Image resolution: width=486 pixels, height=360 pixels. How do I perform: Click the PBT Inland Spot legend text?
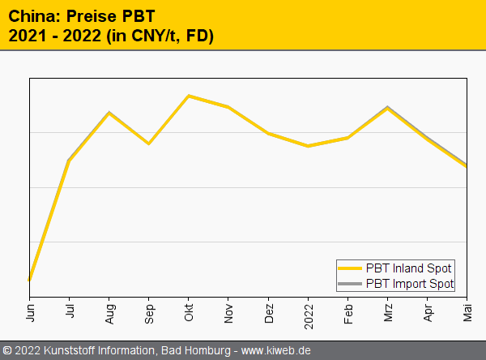(408, 268)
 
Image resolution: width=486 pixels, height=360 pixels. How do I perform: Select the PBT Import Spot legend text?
(410, 284)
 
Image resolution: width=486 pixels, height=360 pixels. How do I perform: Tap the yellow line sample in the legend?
(350, 268)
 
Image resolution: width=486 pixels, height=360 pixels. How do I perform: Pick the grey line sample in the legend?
(350, 284)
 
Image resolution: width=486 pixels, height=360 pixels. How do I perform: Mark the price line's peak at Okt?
(189, 96)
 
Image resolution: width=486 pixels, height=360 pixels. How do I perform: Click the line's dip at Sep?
(148, 144)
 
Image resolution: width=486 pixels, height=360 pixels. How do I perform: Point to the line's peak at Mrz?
(388, 108)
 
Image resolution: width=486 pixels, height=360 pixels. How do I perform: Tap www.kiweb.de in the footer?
(276, 351)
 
